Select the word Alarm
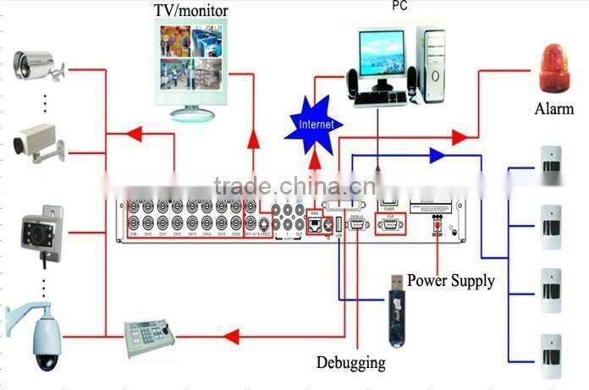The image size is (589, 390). pyautogui.click(x=554, y=109)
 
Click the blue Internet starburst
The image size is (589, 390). pyautogui.click(x=317, y=124)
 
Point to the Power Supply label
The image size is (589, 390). pyautogui.click(x=450, y=280)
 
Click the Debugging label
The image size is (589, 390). pyautogui.click(x=351, y=363)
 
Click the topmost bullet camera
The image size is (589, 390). pyautogui.click(x=37, y=66)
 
